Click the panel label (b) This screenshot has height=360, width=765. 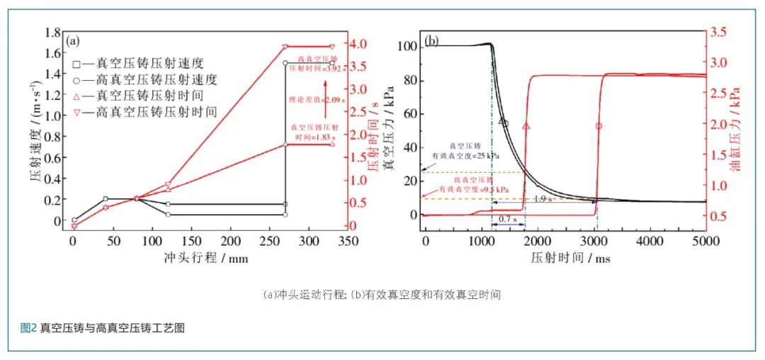(431, 40)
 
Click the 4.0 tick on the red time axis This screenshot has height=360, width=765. (358, 44)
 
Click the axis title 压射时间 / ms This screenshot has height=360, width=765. (571, 258)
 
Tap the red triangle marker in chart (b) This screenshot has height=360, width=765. (526, 126)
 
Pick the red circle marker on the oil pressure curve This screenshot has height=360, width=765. (599, 126)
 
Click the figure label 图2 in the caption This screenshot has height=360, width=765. (28, 327)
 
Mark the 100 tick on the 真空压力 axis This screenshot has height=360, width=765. (408, 47)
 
